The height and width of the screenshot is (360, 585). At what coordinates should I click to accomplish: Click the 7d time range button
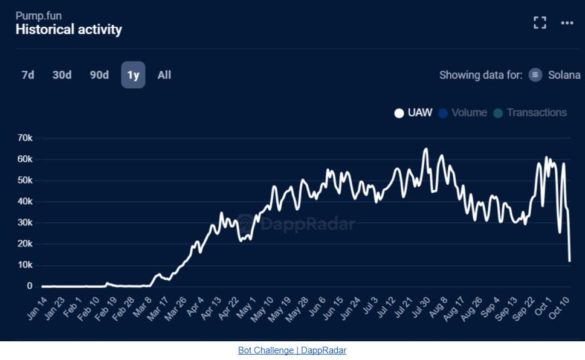(28, 75)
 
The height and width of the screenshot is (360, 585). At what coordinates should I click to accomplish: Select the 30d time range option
(62, 75)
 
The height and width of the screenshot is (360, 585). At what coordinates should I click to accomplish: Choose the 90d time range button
(99, 75)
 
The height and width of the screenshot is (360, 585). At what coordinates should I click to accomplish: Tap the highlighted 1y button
(133, 75)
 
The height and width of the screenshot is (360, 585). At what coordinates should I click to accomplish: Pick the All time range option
(164, 75)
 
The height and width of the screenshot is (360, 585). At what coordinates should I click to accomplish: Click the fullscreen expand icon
(540, 23)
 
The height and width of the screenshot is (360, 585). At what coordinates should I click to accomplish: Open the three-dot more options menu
(566, 23)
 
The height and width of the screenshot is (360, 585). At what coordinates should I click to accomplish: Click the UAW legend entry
(414, 112)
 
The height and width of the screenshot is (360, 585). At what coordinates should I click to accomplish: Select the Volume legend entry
(463, 112)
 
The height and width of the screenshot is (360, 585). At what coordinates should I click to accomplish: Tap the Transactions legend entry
(530, 112)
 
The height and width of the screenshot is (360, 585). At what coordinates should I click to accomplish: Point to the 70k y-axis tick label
(25, 138)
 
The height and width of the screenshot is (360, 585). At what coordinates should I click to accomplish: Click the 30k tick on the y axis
(25, 223)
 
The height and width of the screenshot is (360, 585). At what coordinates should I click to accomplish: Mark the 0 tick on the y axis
(29, 286)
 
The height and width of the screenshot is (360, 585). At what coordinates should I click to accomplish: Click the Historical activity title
(68, 29)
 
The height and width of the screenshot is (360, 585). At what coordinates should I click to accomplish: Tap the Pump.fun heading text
(38, 15)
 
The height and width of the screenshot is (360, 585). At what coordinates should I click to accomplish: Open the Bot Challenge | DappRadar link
(292, 350)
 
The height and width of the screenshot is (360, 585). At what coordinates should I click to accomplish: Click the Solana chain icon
(535, 75)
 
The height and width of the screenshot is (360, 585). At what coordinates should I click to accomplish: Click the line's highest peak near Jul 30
(425, 149)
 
